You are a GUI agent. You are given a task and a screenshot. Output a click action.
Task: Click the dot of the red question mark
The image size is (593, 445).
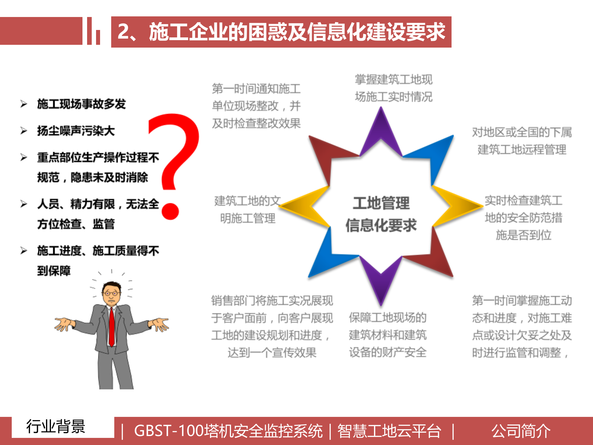[170, 211]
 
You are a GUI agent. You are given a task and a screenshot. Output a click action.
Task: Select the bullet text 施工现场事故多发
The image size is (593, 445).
[81, 104]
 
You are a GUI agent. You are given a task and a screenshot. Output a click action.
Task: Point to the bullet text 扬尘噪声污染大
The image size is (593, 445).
[76, 131]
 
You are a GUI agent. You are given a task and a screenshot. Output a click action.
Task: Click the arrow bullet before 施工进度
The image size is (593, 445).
[24, 250]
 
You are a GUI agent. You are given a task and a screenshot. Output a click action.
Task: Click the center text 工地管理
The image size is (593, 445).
[381, 203]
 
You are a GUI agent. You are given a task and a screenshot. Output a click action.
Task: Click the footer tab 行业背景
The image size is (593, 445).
[56, 427]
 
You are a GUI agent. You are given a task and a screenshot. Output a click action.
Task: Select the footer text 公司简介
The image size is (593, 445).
[521, 431]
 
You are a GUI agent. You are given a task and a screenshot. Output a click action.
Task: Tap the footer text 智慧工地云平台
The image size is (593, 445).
[389, 431]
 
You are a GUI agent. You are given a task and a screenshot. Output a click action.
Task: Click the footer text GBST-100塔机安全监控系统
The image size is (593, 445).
[228, 431]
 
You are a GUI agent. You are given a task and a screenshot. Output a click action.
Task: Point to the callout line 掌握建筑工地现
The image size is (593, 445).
[393, 80]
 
